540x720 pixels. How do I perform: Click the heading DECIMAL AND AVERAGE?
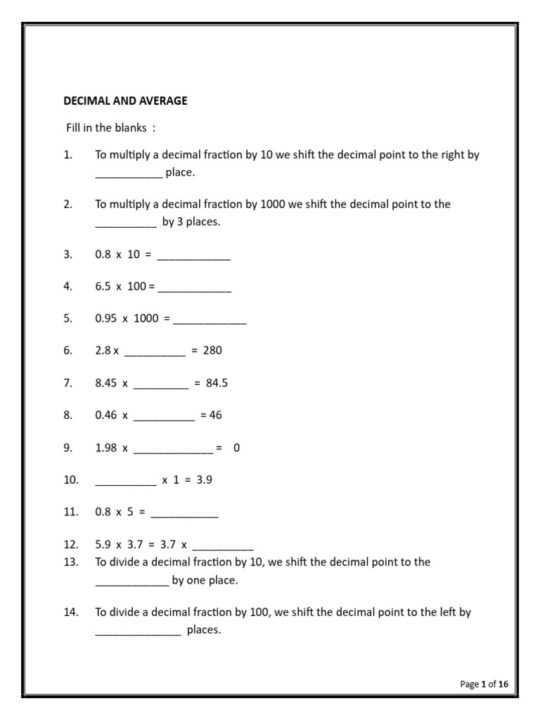pyautogui.click(x=125, y=101)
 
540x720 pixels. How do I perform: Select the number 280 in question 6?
pyautogui.click(x=212, y=350)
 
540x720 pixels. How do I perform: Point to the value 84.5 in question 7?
pyautogui.click(x=217, y=383)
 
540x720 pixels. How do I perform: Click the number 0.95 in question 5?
pyautogui.click(x=106, y=318)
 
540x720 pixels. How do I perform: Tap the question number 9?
pyautogui.click(x=67, y=447)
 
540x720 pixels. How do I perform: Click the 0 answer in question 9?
pyautogui.click(x=237, y=447)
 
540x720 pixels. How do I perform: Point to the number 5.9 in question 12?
pyautogui.click(x=103, y=544)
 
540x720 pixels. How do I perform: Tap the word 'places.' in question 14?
pyautogui.click(x=204, y=630)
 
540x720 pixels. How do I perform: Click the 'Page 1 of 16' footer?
pyautogui.click(x=484, y=683)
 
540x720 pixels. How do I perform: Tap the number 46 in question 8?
pyautogui.click(x=215, y=415)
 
